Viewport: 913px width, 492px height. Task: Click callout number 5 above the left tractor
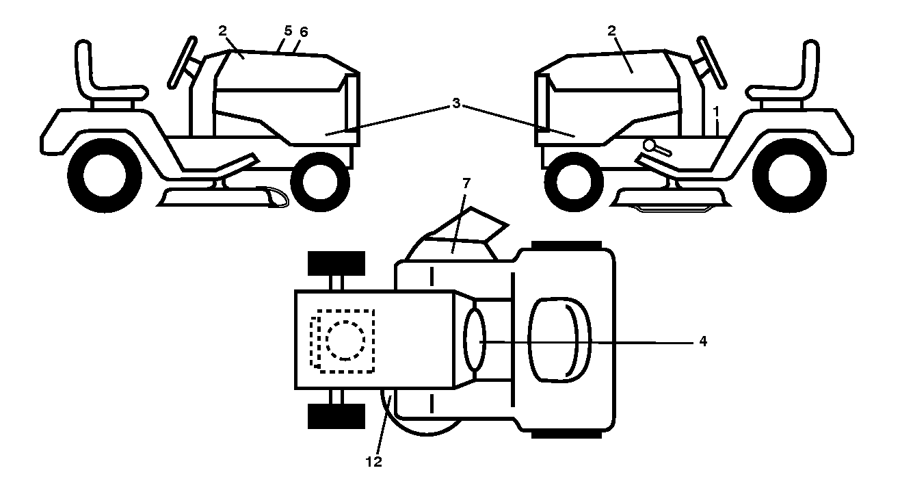(x=288, y=31)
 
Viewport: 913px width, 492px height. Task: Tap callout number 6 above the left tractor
(x=304, y=32)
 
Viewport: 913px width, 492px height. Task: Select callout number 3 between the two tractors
(x=456, y=103)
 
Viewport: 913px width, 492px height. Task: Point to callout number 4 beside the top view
(x=702, y=341)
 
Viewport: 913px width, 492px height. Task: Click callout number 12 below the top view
(x=374, y=462)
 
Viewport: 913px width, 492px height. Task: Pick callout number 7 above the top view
(x=466, y=183)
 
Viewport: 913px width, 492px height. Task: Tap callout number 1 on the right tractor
(x=716, y=112)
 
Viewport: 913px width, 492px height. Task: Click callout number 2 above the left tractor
(x=222, y=31)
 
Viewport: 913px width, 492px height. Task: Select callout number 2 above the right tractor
(x=612, y=31)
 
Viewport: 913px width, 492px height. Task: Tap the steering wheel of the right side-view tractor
(x=712, y=62)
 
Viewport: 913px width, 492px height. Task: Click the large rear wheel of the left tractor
(x=105, y=175)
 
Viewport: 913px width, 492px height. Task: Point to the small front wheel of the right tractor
(x=574, y=182)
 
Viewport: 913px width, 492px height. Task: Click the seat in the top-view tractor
(x=559, y=340)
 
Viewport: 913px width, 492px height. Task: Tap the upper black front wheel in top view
(x=336, y=263)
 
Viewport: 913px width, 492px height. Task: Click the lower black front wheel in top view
(x=336, y=416)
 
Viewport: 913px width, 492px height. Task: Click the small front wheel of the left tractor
(x=320, y=182)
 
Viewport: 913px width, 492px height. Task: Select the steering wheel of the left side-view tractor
(x=182, y=62)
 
